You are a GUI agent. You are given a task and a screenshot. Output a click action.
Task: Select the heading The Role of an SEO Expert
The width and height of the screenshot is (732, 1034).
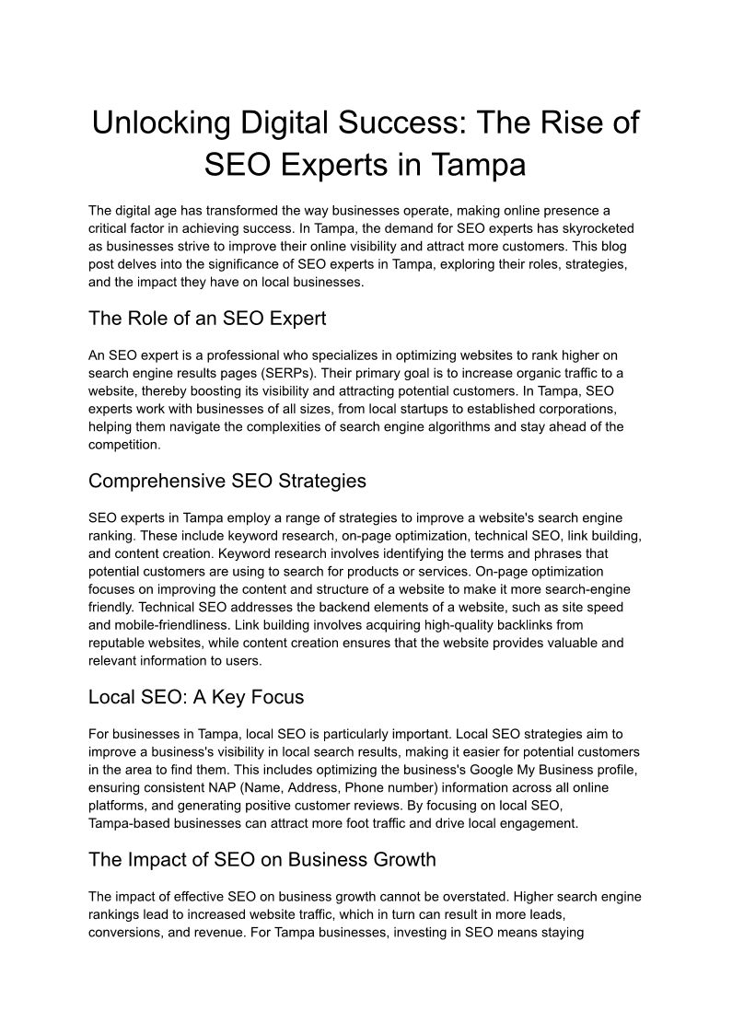(207, 319)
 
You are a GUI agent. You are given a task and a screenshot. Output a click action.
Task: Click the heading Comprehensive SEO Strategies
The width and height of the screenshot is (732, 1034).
(227, 481)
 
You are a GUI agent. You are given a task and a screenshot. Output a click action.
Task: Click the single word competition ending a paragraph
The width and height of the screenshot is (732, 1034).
(124, 444)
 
